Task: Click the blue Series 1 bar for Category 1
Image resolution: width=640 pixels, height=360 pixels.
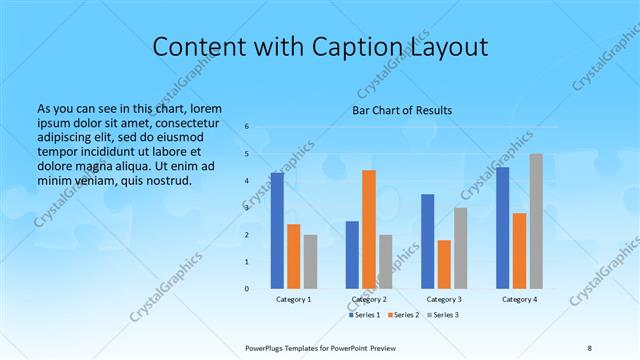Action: coord(277,231)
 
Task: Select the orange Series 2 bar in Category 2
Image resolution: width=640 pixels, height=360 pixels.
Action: coord(369,229)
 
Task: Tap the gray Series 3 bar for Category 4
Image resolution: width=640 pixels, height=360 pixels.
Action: coord(536,221)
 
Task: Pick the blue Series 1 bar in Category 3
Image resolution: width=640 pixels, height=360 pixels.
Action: coord(428,241)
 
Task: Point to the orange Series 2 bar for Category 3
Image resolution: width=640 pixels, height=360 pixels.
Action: coord(444,264)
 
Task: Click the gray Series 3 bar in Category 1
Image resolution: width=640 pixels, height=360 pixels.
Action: coord(310,262)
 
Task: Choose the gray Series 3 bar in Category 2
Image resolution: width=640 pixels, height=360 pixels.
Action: coord(386,262)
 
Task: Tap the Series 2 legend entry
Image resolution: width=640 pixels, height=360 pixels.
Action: coord(404,315)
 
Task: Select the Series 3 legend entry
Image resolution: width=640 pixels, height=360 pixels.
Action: coord(443,315)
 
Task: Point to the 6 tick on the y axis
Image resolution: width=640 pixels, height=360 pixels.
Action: coord(247,127)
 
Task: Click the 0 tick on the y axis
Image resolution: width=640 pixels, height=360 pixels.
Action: coord(247,289)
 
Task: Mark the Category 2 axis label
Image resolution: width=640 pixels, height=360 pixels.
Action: coord(369,299)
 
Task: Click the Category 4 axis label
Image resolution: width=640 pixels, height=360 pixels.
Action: coord(519,299)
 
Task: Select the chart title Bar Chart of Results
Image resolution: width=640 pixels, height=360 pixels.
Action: coord(402,110)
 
